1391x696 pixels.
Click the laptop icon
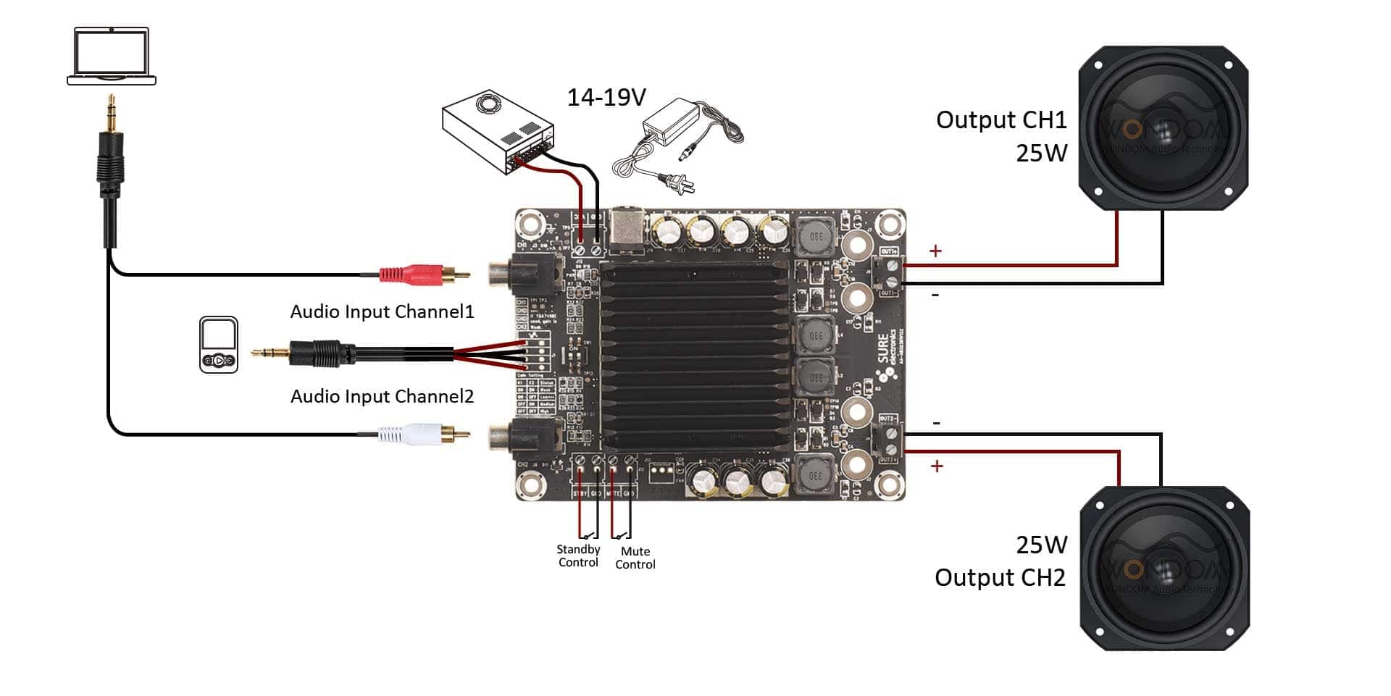point(112,56)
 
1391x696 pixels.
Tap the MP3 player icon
point(219,345)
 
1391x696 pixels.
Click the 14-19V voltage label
point(606,97)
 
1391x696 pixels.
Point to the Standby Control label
point(578,556)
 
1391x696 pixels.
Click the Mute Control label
point(635,558)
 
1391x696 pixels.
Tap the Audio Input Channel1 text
point(382,312)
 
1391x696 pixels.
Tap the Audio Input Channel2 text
point(382,397)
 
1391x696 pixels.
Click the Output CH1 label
point(1001,120)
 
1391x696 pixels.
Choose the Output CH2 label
point(1000,578)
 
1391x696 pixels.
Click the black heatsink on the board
point(693,355)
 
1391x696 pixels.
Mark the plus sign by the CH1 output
point(935,251)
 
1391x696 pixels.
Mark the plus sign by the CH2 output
point(937,466)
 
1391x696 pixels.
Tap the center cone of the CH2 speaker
point(1165,569)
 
